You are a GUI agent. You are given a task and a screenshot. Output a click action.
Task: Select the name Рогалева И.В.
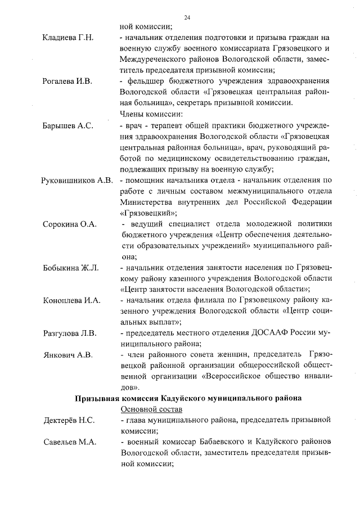tap(67, 81)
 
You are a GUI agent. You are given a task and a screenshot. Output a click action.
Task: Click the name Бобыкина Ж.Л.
tap(71, 267)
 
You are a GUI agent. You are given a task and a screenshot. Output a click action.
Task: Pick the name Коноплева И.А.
tap(72, 300)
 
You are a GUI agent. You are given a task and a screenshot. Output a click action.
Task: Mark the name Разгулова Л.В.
tap(70, 333)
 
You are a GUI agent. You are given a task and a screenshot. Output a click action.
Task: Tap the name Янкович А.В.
tap(68, 355)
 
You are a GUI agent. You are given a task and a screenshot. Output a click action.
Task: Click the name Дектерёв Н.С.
tap(69, 420)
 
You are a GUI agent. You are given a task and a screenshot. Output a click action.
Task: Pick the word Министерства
tap(148, 202)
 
